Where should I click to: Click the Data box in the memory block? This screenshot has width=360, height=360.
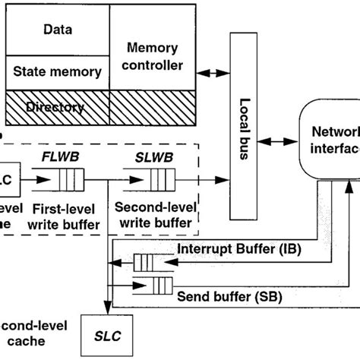click(58, 31)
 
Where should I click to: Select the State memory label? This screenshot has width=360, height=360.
click(58, 72)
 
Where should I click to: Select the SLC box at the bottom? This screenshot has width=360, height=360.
click(108, 333)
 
